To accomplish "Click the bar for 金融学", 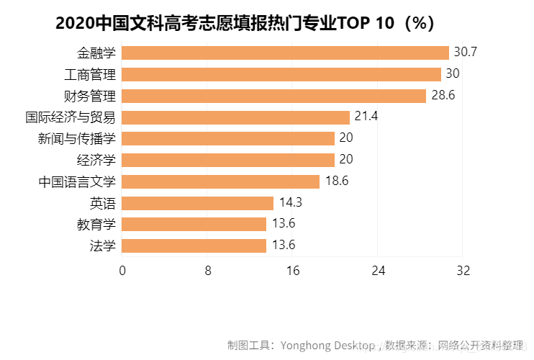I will click(286, 53).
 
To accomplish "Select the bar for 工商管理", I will click(281, 74).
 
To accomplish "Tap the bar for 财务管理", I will click(274, 96).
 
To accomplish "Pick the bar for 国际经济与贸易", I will click(236, 117).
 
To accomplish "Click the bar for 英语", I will click(198, 203).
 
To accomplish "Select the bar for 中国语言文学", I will click(221, 181).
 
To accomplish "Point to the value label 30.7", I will click(466, 53).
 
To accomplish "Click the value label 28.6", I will click(443, 96).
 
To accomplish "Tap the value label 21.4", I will click(366, 117).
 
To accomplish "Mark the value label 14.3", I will click(291, 203).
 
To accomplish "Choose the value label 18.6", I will click(337, 181).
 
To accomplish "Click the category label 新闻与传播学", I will click(77, 138).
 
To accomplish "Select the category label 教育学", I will click(96, 224).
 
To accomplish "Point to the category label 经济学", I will click(96, 160).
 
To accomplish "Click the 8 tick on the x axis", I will click(207, 271).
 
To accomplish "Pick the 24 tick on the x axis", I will click(379, 271).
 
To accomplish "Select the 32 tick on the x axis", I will click(463, 271).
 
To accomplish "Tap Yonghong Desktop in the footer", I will click(328, 345).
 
